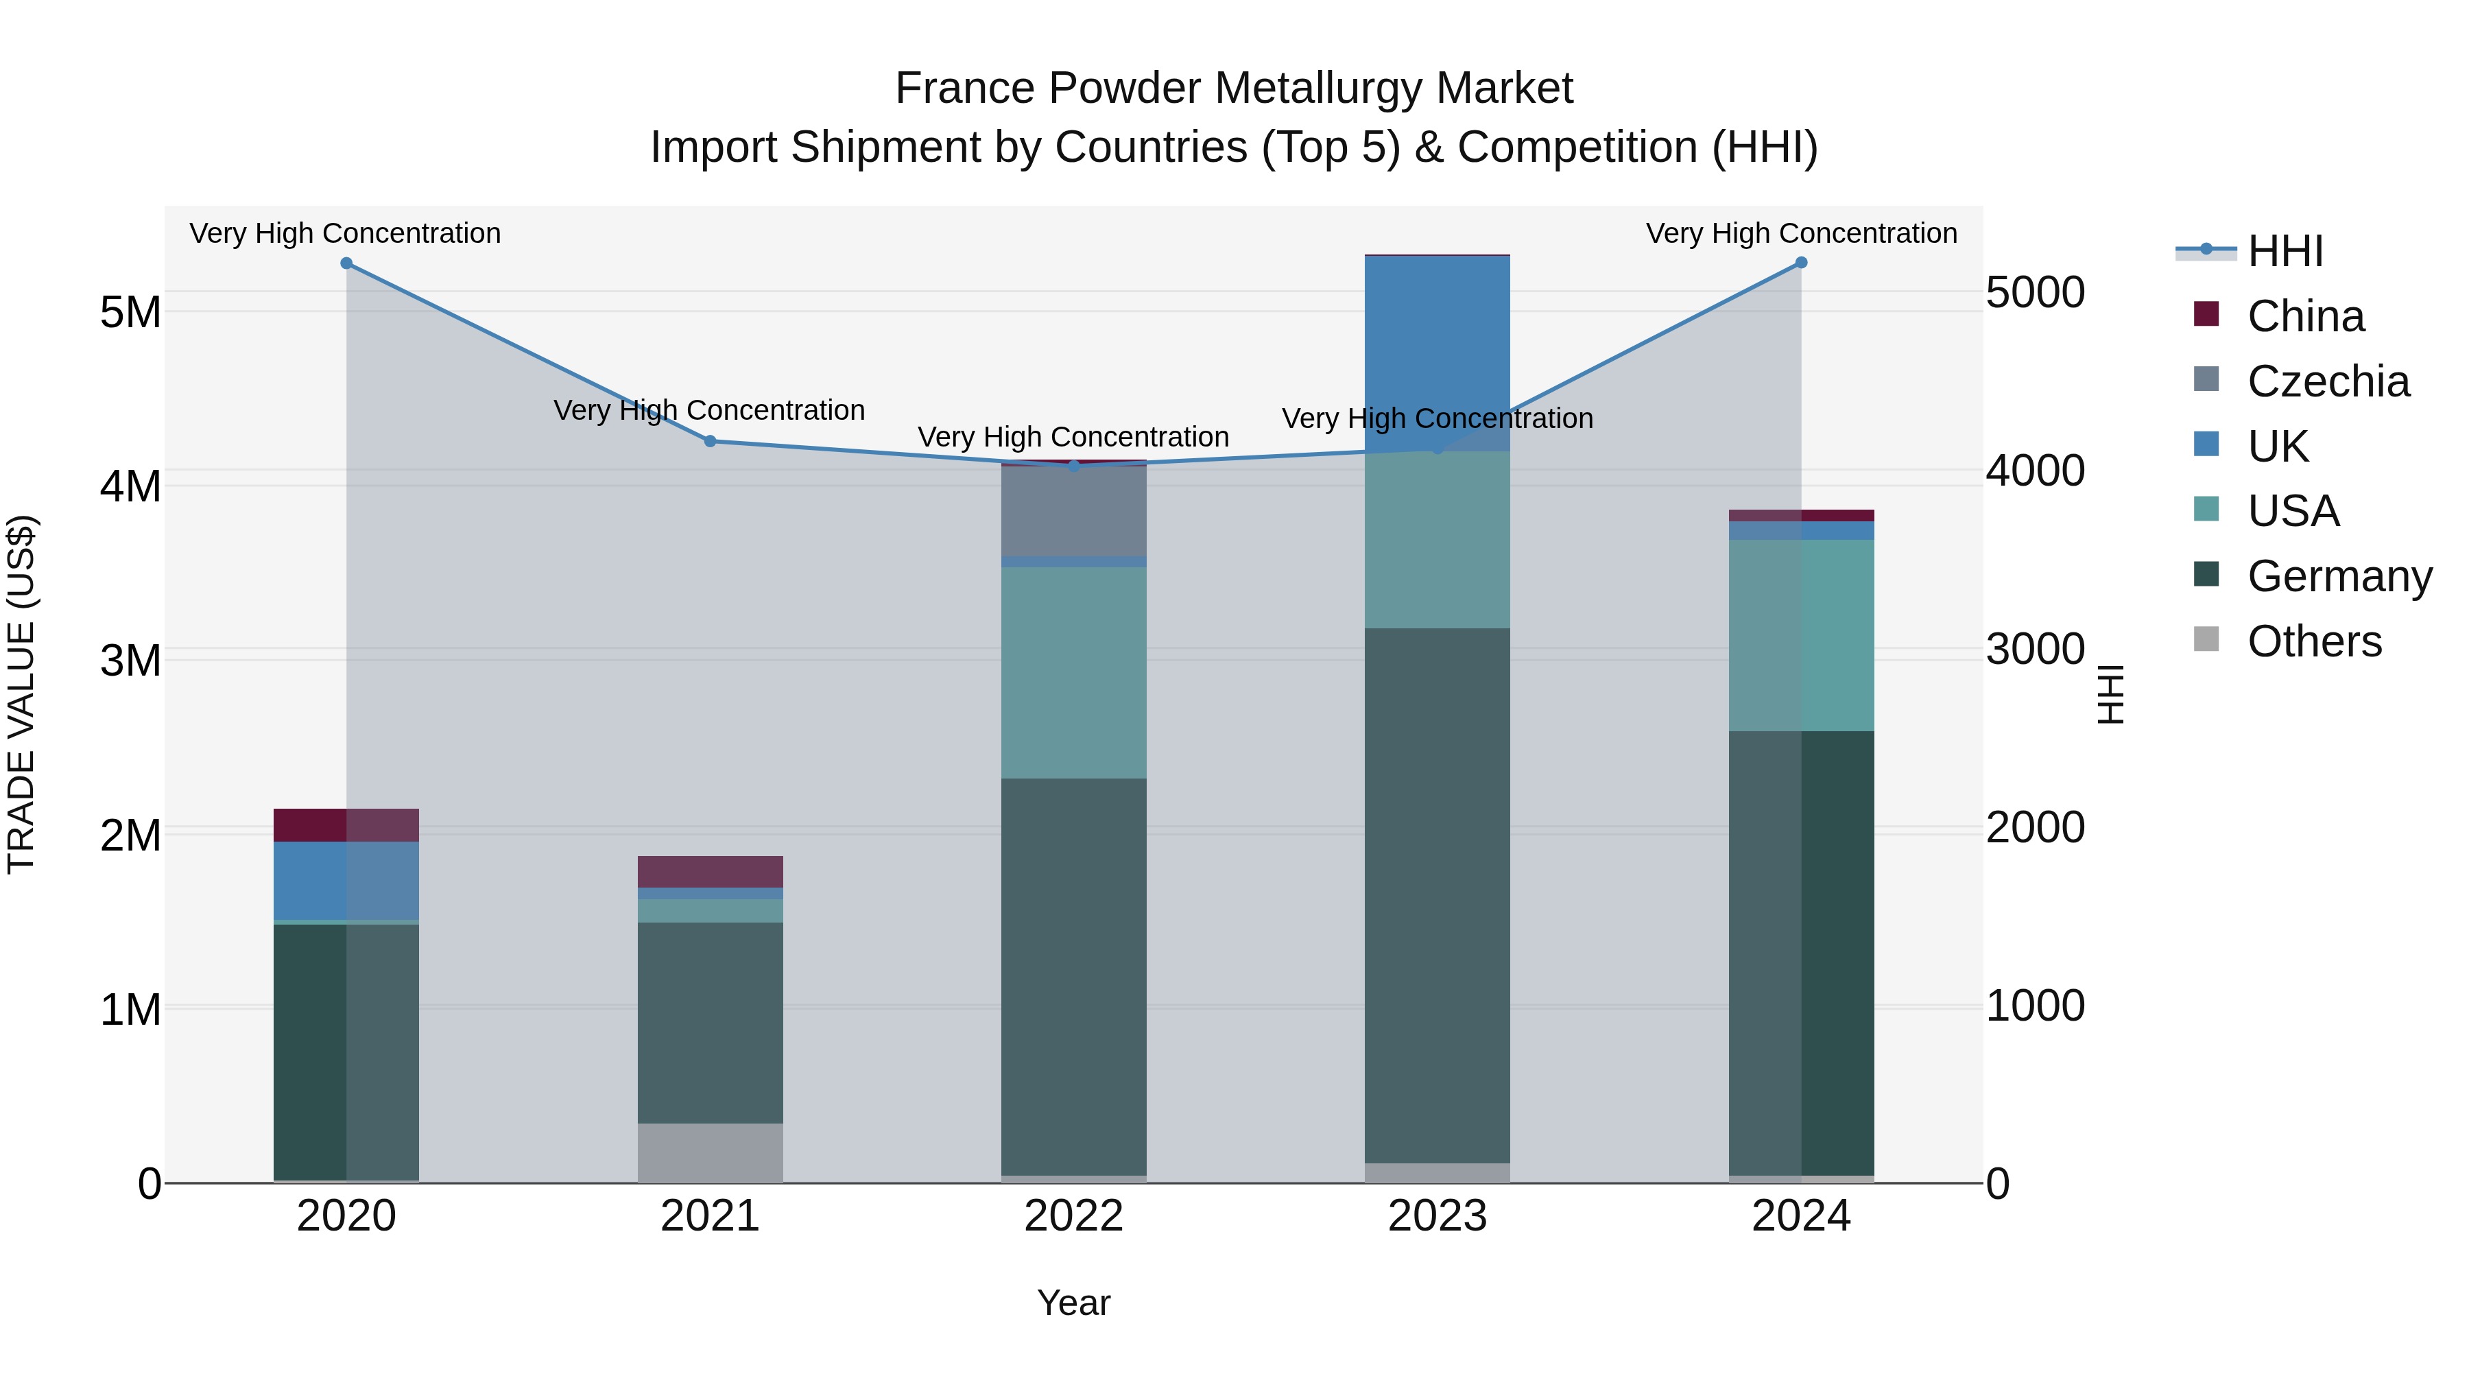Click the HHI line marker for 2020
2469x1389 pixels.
pyautogui.click(x=346, y=263)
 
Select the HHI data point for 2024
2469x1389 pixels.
pyautogui.click(x=1801, y=263)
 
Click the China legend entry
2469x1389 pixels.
pyautogui.click(x=2305, y=316)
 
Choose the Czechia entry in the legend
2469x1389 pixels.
pyautogui.click(x=2327, y=381)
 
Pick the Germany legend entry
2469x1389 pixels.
pyautogui.click(x=2339, y=576)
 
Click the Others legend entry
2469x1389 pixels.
pyautogui.click(x=2314, y=641)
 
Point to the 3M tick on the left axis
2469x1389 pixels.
pyautogui.click(x=130, y=661)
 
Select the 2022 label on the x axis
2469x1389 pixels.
pyautogui.click(x=1073, y=1216)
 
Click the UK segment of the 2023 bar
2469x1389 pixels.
pyautogui.click(x=1437, y=345)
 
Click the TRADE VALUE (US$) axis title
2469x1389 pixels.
pyautogui.click(x=21, y=694)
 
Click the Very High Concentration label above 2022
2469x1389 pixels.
pyautogui.click(x=1073, y=437)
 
